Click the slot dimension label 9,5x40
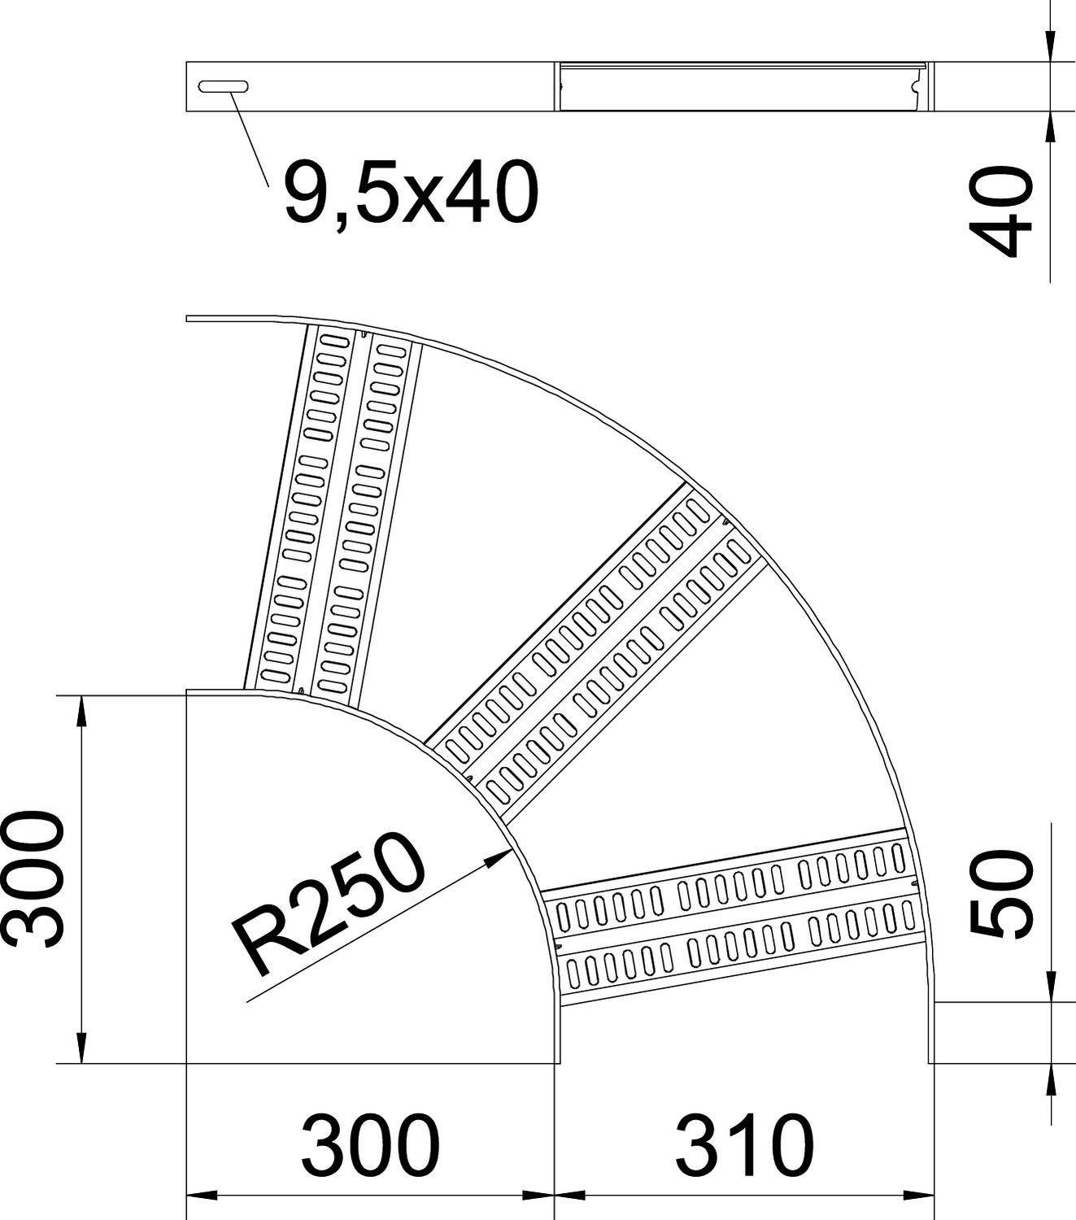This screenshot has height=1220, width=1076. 411,192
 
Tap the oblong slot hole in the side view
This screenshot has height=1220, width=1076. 223,86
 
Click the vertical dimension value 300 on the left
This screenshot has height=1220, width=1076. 33,878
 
